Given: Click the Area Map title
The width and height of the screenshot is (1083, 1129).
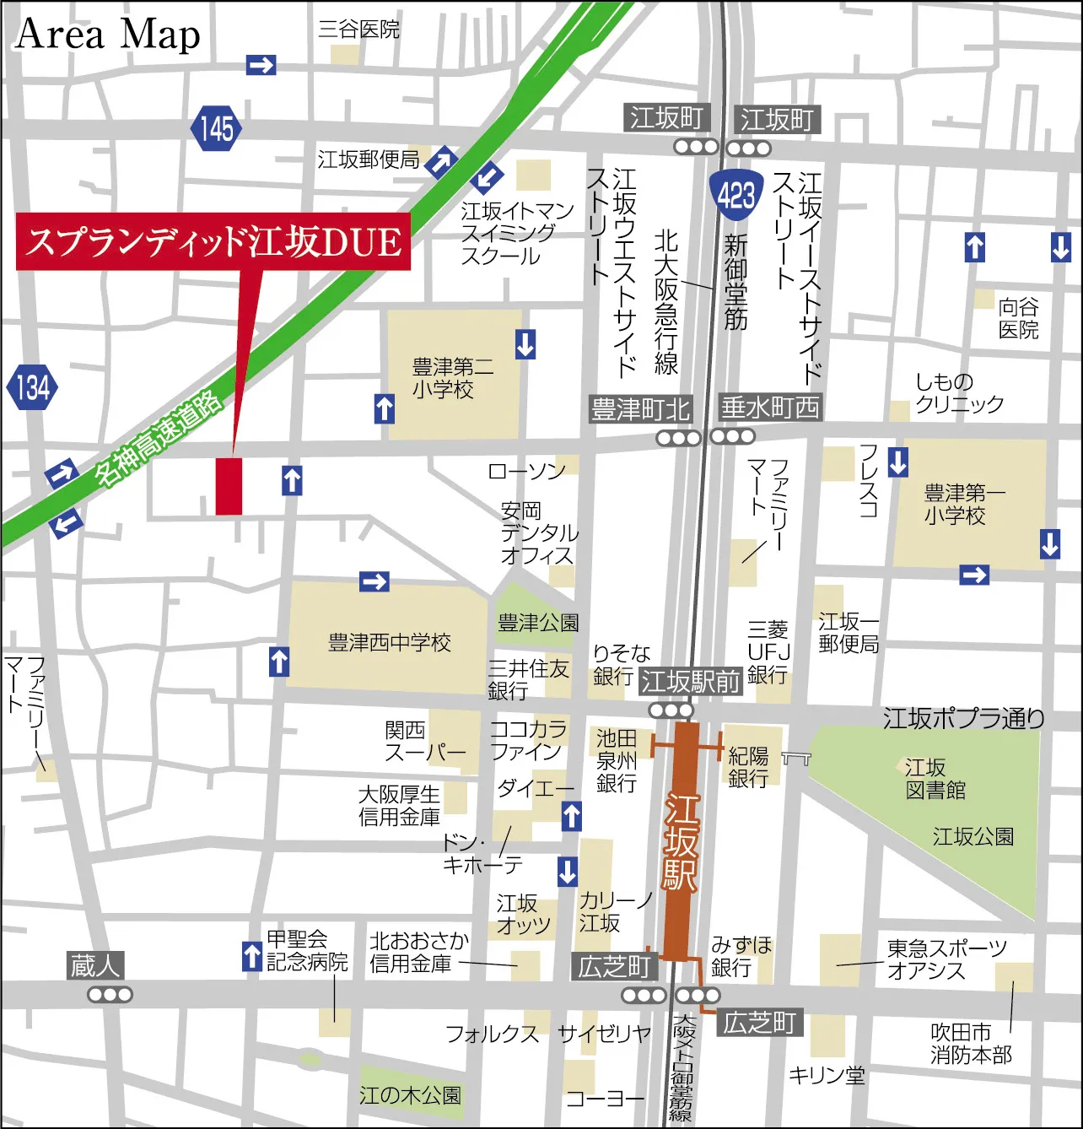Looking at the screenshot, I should click(x=108, y=35).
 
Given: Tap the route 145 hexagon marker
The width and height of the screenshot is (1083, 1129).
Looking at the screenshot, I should click(x=217, y=128).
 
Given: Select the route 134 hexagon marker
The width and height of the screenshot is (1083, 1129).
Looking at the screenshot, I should click(x=32, y=387).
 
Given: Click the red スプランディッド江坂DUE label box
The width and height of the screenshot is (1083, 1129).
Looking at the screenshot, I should click(x=213, y=242).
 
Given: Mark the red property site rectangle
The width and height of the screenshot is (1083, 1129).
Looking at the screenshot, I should click(x=229, y=486).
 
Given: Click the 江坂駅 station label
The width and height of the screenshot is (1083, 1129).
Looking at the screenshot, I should click(x=681, y=842).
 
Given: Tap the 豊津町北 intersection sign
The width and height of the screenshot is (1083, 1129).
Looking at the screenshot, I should click(x=641, y=410).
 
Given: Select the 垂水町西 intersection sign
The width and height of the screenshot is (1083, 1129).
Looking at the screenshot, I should click(x=770, y=408).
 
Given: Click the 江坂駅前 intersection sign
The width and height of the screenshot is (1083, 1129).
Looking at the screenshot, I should click(x=690, y=681).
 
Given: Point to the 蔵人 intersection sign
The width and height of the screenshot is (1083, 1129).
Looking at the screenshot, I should click(x=95, y=965).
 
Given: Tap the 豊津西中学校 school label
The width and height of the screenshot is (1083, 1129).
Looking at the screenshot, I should click(x=389, y=643).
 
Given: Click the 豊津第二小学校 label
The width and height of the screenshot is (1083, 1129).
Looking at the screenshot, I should click(x=452, y=378).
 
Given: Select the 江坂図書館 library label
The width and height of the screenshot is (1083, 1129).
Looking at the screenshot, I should click(x=935, y=779).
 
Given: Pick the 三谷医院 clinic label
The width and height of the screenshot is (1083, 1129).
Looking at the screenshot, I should click(x=358, y=30).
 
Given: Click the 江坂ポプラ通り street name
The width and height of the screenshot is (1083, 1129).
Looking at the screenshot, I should click(x=963, y=718).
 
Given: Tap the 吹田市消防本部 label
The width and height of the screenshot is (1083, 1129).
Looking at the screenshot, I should click(x=971, y=1044).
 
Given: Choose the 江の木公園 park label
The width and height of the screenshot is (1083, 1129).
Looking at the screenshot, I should click(x=410, y=1095).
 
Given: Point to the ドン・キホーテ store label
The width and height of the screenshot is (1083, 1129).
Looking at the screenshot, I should click(x=482, y=854).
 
